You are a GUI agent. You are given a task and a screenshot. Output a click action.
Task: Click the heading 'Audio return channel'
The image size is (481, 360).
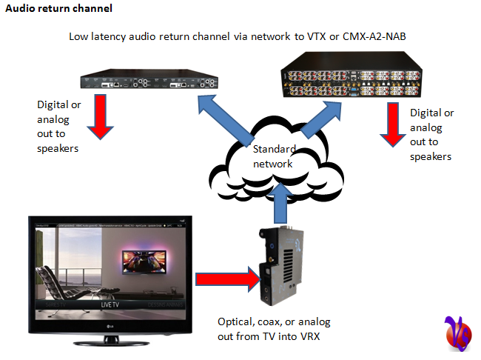[x=59, y=9]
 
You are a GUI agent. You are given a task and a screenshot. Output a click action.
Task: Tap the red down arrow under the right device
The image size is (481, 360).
[x=390, y=124]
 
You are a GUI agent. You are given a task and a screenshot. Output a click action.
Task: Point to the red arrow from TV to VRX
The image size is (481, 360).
[x=226, y=280]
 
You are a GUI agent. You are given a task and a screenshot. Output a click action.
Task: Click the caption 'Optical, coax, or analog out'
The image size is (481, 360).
[x=274, y=329]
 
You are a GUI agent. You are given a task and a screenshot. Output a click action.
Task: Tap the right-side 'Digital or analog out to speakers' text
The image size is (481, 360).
[x=431, y=134]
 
